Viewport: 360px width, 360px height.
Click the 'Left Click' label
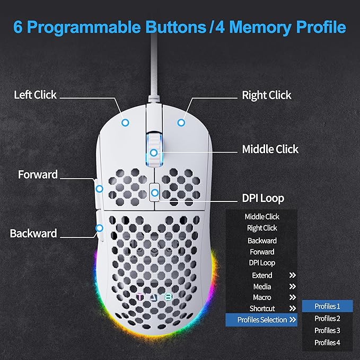click(x=36, y=95)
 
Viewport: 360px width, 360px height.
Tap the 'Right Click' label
click(x=266, y=95)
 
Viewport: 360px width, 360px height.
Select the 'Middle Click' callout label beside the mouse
click(x=270, y=149)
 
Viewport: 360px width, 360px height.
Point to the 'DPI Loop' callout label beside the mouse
click(x=263, y=198)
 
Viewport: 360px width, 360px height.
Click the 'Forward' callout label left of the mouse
click(x=38, y=174)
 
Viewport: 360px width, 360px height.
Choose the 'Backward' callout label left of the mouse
click(x=33, y=233)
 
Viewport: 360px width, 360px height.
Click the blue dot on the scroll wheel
click(x=153, y=153)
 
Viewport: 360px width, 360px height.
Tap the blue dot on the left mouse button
click(x=125, y=122)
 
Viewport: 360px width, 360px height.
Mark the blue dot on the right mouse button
click(x=181, y=122)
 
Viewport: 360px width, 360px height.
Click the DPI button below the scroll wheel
click(x=154, y=192)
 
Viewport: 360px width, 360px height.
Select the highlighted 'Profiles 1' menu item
click(x=327, y=306)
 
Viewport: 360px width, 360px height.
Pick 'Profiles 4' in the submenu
click(x=327, y=342)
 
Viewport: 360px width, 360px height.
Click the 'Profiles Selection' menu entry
click(x=262, y=320)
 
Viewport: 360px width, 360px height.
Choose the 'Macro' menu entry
click(x=262, y=297)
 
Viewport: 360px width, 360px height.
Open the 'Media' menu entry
click(x=262, y=286)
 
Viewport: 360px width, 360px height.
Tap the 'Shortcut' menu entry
click(x=262, y=309)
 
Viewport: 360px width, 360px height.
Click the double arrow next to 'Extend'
click(x=292, y=275)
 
